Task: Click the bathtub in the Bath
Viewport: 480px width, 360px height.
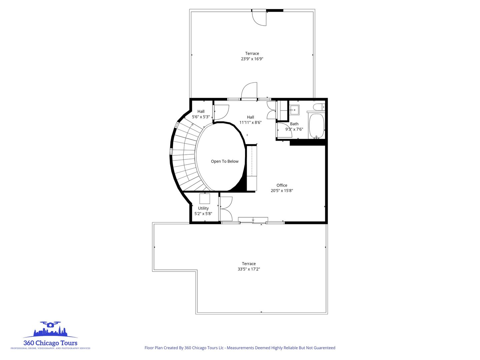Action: [x=316, y=126]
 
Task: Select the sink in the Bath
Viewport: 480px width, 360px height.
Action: [x=294, y=110]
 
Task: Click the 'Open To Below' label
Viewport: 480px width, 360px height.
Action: [x=225, y=161]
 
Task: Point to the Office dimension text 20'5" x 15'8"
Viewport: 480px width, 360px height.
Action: [x=282, y=190]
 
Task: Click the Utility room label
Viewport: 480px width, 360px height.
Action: [x=203, y=208]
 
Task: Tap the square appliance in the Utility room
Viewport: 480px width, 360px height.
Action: [x=205, y=198]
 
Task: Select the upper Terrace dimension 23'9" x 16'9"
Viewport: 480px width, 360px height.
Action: [x=252, y=59]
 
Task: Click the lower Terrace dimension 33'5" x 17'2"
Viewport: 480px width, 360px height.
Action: [x=249, y=269]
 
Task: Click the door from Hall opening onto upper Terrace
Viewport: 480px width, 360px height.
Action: [x=249, y=91]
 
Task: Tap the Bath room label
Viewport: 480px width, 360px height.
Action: [x=294, y=124]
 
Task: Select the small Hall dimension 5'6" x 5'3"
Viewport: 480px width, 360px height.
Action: [x=201, y=117]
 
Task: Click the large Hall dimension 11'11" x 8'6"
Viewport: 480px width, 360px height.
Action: [x=250, y=122]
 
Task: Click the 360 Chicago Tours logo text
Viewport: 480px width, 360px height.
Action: [x=50, y=343]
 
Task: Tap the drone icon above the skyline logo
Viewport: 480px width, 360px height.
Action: [x=50, y=324]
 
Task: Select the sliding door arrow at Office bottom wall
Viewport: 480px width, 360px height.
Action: [x=253, y=220]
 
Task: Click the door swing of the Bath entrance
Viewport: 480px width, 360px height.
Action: [x=284, y=130]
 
